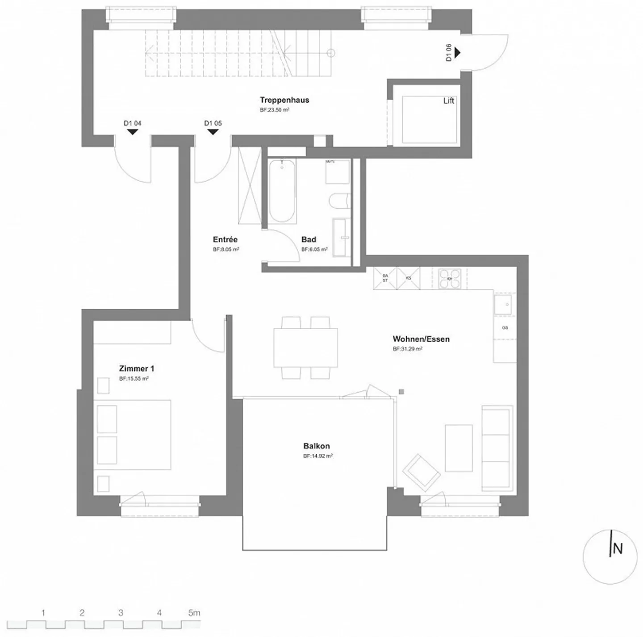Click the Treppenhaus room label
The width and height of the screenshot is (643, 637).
point(284,100)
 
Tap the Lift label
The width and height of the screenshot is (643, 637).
point(448,101)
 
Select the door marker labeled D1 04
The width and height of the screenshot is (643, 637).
point(133,131)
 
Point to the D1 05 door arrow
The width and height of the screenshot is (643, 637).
point(213,131)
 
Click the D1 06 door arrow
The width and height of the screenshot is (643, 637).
point(457,53)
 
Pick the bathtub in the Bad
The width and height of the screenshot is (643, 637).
point(282,191)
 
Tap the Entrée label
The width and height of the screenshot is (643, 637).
point(225,239)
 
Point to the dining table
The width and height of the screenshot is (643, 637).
point(306,348)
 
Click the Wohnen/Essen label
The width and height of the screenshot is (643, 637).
point(421,339)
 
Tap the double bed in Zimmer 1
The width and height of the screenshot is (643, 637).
point(134,435)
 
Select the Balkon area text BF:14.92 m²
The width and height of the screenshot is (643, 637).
point(318,456)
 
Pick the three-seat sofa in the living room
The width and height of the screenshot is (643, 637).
point(497,448)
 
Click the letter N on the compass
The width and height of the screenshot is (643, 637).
point(618,548)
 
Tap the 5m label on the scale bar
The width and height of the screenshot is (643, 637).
point(194,613)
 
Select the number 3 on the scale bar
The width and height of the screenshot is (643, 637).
point(121,613)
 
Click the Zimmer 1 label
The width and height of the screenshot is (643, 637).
point(137,369)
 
